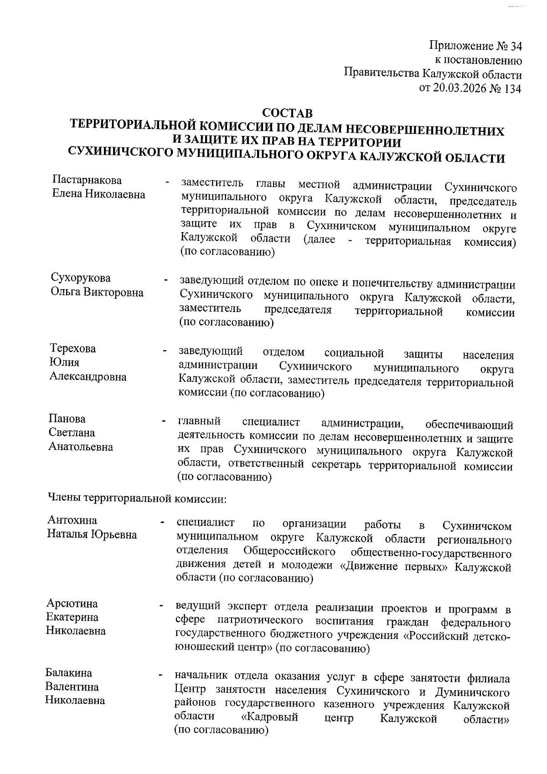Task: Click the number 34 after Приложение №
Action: (x=514, y=47)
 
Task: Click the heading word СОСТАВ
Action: (x=288, y=113)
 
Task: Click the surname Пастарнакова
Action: (x=87, y=180)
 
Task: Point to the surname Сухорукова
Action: (x=81, y=278)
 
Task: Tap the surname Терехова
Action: (x=73, y=349)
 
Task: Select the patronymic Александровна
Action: (x=88, y=377)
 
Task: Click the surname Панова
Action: (x=67, y=419)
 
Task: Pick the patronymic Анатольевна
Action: (x=81, y=447)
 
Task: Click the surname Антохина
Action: (x=72, y=520)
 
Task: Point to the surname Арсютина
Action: (x=72, y=604)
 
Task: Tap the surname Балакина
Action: (x=69, y=673)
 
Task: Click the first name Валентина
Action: (x=72, y=687)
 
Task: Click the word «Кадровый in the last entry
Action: (x=269, y=717)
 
